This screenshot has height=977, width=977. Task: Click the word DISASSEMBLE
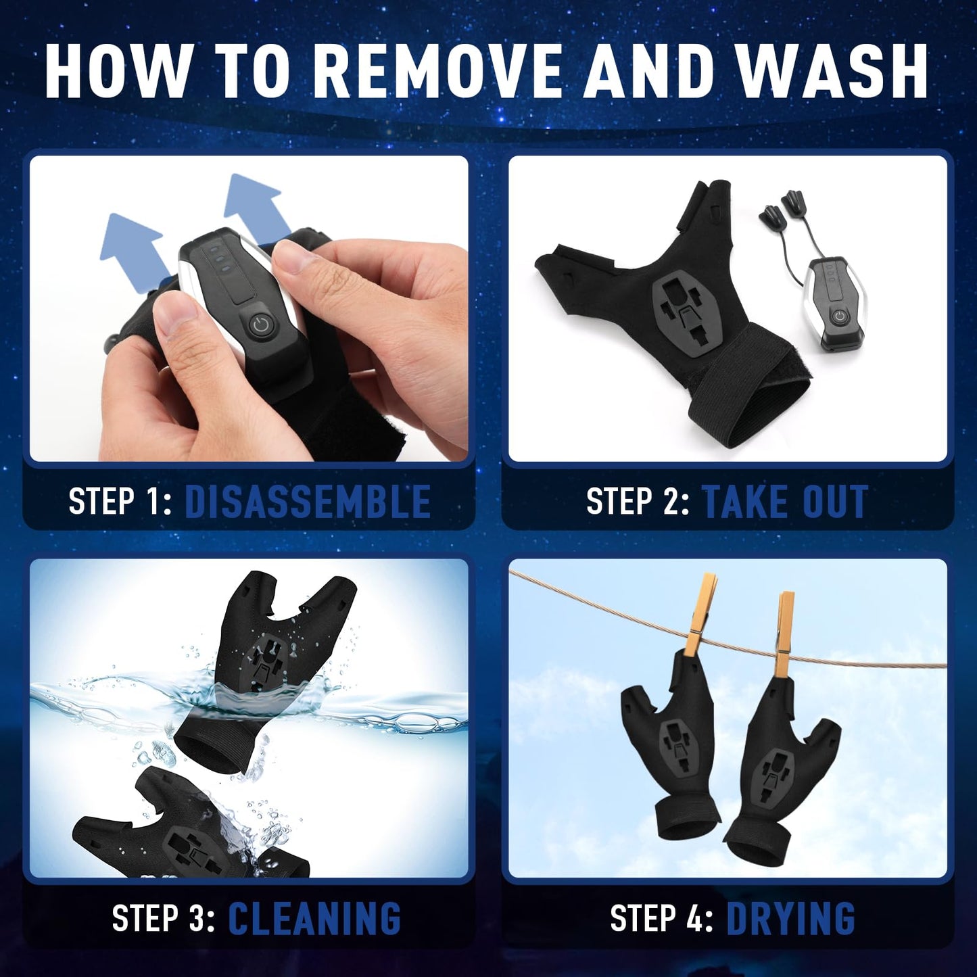[x=308, y=502]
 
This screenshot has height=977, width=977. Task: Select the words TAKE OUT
[x=785, y=502]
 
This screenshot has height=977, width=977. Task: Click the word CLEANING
[x=314, y=918]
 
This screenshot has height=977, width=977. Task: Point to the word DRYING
[x=790, y=918]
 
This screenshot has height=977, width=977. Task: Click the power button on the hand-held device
[x=260, y=325]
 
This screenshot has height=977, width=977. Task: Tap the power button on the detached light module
[x=839, y=316]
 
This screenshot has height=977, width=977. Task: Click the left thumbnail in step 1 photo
[x=177, y=324]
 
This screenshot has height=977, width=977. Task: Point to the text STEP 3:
[x=163, y=918]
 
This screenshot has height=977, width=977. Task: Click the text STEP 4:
[x=661, y=918]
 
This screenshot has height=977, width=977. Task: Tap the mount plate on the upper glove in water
[x=271, y=659]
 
